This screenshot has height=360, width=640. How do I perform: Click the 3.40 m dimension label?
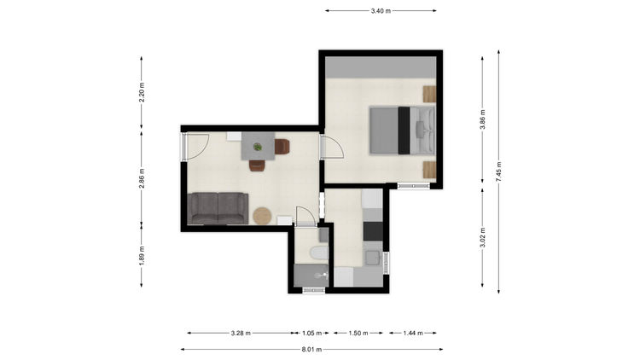[x=381, y=11]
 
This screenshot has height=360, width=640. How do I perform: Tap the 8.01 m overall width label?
[x=311, y=350]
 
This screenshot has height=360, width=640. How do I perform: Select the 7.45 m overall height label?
[x=499, y=171]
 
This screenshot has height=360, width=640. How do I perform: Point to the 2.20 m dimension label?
[x=142, y=92]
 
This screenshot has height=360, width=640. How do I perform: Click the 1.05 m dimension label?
[x=311, y=333]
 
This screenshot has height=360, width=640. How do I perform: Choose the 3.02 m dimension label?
[x=482, y=237]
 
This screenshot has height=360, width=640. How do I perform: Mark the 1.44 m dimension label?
[x=413, y=333]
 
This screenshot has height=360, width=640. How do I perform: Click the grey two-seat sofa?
[x=218, y=208]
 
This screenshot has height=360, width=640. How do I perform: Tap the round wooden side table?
[x=262, y=216]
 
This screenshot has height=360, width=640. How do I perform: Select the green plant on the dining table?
[x=258, y=147]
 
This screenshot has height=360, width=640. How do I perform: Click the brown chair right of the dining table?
[x=282, y=147]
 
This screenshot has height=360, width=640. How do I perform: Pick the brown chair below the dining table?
[x=257, y=165]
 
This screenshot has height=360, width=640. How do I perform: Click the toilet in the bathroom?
[x=319, y=253]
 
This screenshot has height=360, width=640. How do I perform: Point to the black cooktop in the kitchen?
[x=373, y=231]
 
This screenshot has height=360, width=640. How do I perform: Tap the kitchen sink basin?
[x=373, y=258]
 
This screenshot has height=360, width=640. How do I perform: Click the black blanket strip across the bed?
[x=404, y=131]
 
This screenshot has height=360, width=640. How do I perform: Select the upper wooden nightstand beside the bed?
[x=429, y=94]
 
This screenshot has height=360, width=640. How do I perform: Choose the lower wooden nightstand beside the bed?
[x=429, y=170]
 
